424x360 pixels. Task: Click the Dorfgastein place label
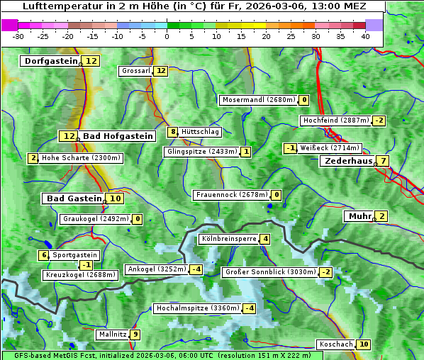50,62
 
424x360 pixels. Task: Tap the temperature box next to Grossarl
161,71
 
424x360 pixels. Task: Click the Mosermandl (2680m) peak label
258,100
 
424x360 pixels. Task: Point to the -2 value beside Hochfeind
379,120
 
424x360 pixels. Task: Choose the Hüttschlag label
201,132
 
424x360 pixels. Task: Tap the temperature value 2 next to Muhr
381,216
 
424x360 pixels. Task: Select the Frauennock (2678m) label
231,195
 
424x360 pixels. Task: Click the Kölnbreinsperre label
228,240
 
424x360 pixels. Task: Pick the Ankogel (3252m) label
157,269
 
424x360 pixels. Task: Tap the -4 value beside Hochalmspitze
249,308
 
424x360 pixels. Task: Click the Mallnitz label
113,334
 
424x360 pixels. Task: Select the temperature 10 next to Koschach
363,344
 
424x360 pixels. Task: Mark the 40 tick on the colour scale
365,36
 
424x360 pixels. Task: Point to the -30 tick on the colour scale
18,36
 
